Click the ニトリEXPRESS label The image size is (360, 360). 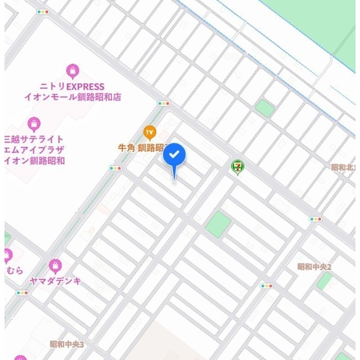point(72,87)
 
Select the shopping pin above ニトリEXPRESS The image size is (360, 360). point(72,71)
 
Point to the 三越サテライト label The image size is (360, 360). point(34,139)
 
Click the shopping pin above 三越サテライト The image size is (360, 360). point(34,124)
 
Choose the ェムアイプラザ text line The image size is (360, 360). point(34,150)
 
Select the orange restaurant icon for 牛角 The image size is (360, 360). point(150,133)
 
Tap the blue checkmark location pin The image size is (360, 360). point(174,155)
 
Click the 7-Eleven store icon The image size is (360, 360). point(238,166)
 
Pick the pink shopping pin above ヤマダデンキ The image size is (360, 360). point(55,265)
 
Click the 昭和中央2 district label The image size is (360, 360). point(314,267)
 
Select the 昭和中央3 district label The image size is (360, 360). point(66,344)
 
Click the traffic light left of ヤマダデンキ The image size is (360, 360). point(22,292)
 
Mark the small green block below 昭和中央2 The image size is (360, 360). point(324,281)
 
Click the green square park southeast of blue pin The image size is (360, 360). point(218,224)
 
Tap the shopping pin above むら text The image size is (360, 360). point(7,256)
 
